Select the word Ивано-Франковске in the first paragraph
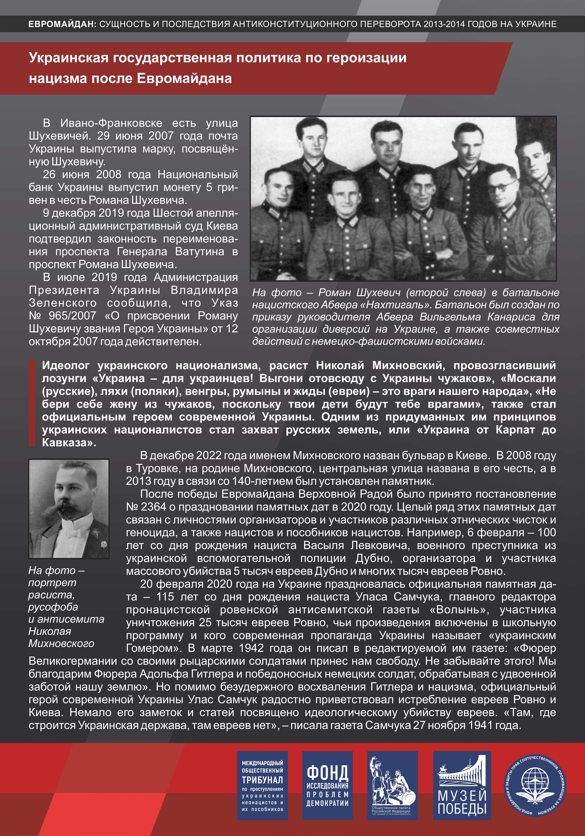[111, 123]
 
